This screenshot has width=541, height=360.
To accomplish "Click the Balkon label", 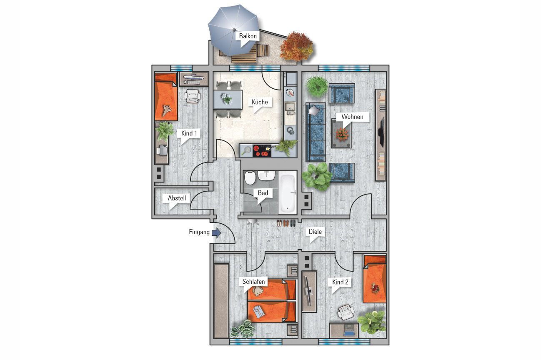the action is tap(248, 36).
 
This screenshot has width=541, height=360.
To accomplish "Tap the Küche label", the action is tap(260, 102).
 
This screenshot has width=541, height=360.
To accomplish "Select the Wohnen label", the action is tap(352, 117).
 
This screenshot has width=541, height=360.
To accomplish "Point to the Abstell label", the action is tap(177, 198).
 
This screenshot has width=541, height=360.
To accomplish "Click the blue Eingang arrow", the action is tap(216, 233).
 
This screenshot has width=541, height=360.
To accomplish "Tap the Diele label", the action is tap(315, 232).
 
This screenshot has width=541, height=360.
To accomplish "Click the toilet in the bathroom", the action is tap(250, 177).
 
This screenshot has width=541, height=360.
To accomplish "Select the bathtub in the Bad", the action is tap(288, 192).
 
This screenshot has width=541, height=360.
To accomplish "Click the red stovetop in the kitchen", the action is tap(262, 151).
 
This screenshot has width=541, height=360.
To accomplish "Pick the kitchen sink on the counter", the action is tap(290, 109).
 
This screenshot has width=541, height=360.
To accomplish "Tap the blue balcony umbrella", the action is tap(233, 30).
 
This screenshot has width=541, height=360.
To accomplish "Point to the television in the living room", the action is tap(382, 132).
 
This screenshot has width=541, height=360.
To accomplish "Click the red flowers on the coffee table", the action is tap(341, 134).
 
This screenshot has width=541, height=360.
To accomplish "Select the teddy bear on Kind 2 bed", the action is tap(375, 288).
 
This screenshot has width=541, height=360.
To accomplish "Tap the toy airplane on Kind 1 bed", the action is tap(167, 110).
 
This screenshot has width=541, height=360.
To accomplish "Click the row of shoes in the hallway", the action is tap(286, 223).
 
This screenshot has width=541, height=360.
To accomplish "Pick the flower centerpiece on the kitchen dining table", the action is tap(227, 99).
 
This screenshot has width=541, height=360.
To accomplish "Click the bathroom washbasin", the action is tap(266, 175).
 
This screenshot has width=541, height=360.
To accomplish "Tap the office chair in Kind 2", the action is tap(346, 312).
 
